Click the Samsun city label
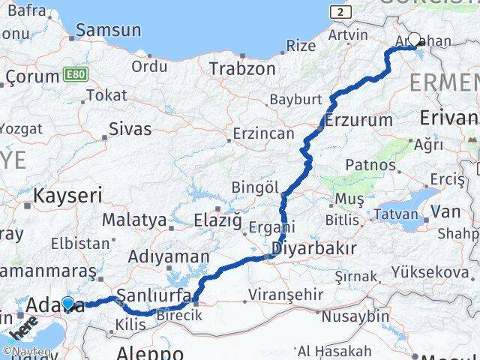[109, 31]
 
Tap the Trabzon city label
[242, 68]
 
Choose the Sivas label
[130, 128]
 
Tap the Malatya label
[133, 220]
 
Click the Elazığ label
[218, 220]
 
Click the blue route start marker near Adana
[68, 304]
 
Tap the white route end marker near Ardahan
[414, 39]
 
